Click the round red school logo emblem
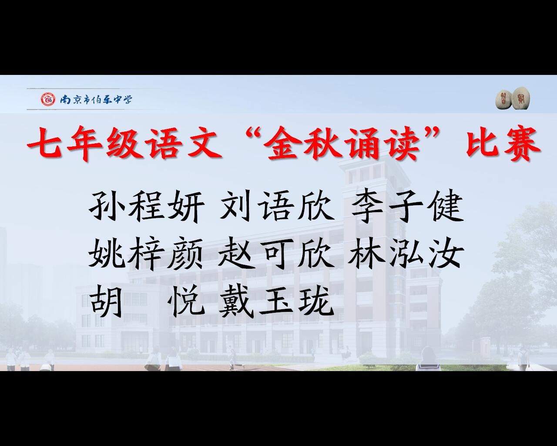pos(48,99)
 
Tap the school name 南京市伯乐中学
pos(96,99)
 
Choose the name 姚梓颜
pos(145,254)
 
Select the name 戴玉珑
pos(276,302)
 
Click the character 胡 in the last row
pos(106,302)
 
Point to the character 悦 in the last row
pos(185,302)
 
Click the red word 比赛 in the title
pos(503,143)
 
